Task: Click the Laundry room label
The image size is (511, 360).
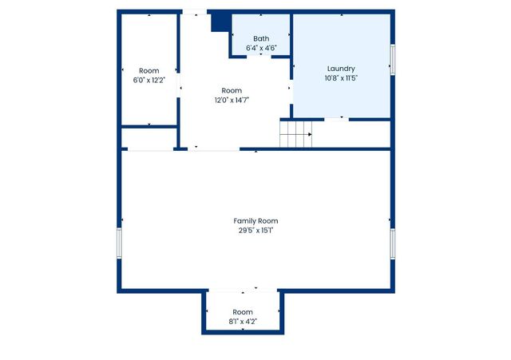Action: [341, 69]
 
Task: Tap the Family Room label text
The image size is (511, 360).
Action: [255, 220]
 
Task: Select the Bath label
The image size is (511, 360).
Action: [261, 38]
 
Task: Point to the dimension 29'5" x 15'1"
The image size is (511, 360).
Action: [255, 230]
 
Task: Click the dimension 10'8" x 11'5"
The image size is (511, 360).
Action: [341, 78]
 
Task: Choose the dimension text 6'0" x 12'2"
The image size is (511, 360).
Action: [149, 80]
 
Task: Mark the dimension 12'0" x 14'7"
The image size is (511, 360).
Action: [232, 100]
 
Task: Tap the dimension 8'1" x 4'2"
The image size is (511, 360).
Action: [242, 321]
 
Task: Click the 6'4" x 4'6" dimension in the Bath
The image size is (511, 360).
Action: [261, 48]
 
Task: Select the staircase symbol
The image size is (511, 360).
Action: [295, 134]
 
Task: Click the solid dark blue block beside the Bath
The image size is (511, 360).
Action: [220, 22]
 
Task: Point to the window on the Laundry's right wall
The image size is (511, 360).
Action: [392, 60]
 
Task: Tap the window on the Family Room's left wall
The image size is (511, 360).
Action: [119, 243]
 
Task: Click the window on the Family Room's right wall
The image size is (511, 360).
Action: [392, 243]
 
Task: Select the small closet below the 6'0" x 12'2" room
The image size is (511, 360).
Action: [149, 138]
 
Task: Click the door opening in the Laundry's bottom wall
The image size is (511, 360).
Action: [335, 119]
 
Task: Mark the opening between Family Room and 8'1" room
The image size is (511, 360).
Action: [242, 291]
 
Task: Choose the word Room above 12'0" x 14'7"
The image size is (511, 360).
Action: [232, 90]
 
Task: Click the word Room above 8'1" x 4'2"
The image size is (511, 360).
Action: [242, 311]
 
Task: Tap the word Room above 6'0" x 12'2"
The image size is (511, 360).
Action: [149, 70]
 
